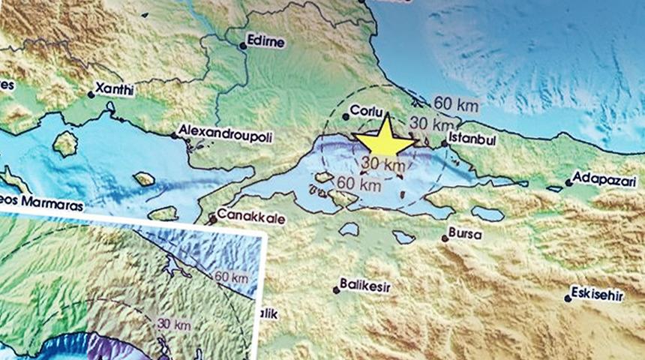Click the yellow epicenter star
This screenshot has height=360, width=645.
pos(384,139)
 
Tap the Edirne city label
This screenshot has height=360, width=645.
pos(266,42)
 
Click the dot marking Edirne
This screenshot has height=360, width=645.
pos(243,46)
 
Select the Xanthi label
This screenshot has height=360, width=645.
pos(115,90)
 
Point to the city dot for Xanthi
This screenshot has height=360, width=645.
pos(91,94)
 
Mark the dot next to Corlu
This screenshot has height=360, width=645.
pos(346,115)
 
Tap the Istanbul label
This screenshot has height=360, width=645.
pos(472,140)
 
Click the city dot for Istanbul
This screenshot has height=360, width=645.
pos(444,143)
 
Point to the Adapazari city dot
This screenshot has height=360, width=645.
pos(568,182)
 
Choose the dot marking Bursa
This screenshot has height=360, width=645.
pos(445,238)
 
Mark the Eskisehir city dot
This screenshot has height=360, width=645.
pos(568,298)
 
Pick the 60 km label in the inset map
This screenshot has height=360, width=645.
pos(231,278)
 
